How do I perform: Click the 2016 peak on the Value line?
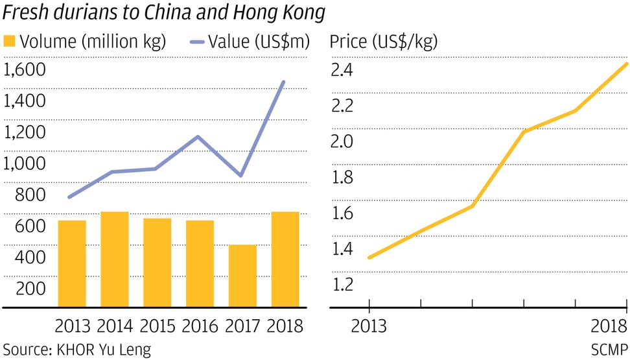[198, 137]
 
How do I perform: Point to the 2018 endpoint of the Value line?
[284, 82]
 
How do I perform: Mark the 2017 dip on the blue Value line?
[241, 176]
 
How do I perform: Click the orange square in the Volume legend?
[8, 42]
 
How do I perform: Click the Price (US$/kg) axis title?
[384, 42]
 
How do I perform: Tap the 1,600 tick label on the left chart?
[26, 70]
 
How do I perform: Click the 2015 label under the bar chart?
[157, 325]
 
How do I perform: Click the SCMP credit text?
[609, 350]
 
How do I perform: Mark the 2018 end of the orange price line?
[625, 64]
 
